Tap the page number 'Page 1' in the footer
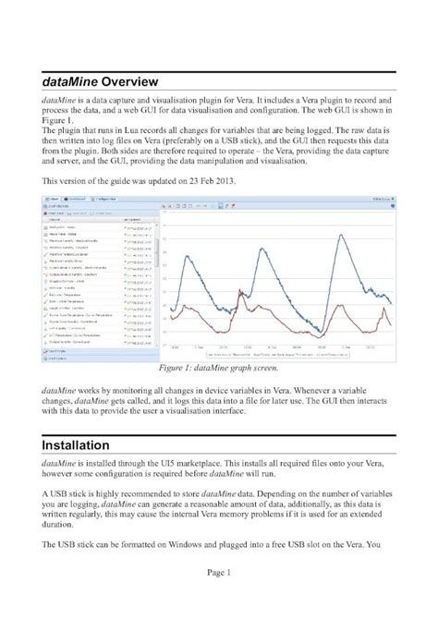click(218, 599)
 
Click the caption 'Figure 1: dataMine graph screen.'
click(220, 368)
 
